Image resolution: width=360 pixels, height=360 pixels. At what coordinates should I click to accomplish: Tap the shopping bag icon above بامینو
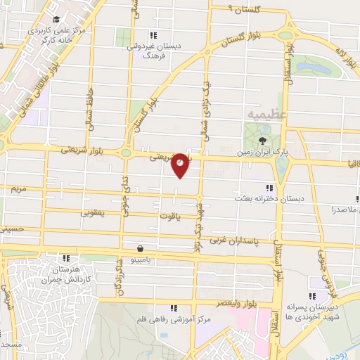coord(141,248)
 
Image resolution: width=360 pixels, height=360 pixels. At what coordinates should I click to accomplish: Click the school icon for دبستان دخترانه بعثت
coord(269,188)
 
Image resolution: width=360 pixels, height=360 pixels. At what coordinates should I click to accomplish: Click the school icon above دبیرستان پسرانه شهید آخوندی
coord(313,281)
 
